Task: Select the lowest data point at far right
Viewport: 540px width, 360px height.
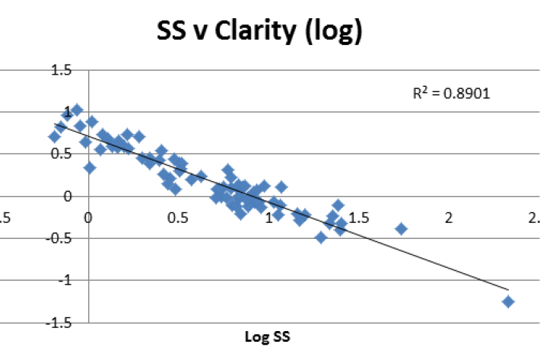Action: pyautogui.click(x=508, y=301)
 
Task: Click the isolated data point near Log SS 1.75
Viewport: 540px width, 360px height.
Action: pyautogui.click(x=402, y=228)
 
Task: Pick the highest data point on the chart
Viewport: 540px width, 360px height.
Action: pyautogui.click(x=77, y=110)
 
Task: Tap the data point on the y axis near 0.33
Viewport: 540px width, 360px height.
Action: pyautogui.click(x=90, y=167)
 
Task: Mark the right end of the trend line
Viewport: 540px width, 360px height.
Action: pyautogui.click(x=507, y=289)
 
